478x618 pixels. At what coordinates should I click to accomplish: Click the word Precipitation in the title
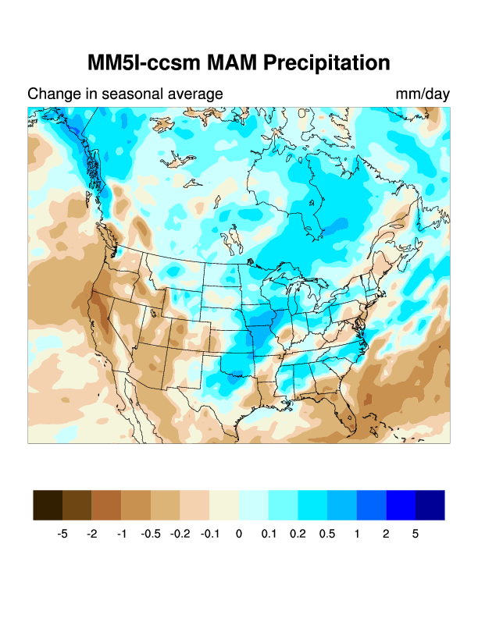(x=326, y=63)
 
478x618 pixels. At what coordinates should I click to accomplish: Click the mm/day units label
(x=423, y=94)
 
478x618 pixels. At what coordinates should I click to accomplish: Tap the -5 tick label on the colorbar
(x=62, y=535)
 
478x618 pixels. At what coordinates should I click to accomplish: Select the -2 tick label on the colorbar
(x=92, y=535)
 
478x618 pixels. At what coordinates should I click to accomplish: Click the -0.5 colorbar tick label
(x=151, y=535)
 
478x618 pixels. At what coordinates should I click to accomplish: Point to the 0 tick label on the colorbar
(x=239, y=535)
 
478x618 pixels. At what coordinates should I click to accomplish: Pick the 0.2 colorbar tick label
(x=298, y=535)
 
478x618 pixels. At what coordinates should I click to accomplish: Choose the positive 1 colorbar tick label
(x=357, y=535)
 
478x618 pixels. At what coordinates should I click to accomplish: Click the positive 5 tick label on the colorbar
(x=416, y=535)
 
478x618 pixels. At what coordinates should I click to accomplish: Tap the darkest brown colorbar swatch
(x=48, y=505)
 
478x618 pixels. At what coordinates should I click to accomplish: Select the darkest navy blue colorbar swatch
(x=430, y=505)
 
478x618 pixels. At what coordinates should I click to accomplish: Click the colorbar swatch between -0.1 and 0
(x=224, y=505)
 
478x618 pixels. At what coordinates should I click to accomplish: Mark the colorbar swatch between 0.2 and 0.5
(x=312, y=505)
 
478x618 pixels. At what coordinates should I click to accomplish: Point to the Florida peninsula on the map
(x=350, y=417)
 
